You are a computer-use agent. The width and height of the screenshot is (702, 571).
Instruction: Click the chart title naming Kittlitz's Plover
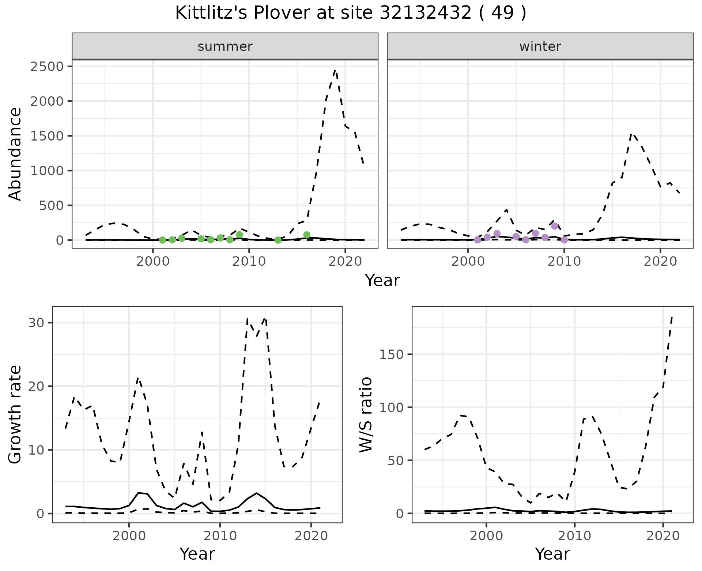click(x=351, y=13)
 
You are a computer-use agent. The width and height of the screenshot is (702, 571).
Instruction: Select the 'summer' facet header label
click(x=225, y=46)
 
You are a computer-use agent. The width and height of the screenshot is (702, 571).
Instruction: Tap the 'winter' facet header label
click(x=540, y=46)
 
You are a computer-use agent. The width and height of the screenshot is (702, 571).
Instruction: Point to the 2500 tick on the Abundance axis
click(x=47, y=67)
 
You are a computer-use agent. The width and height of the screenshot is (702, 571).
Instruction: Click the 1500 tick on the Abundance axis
click(x=47, y=136)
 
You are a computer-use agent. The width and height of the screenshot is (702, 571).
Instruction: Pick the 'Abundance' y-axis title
click(x=15, y=154)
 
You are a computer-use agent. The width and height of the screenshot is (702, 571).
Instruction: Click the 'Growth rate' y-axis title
click(x=15, y=414)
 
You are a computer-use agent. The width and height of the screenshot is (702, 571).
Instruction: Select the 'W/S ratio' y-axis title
click(x=366, y=414)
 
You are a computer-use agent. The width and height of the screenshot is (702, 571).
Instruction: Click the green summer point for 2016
click(x=307, y=235)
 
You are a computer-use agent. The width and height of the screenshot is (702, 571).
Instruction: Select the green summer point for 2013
click(x=278, y=240)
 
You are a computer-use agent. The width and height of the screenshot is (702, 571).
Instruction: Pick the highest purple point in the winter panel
click(x=555, y=226)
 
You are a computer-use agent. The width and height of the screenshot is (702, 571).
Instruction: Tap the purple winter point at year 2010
click(x=564, y=240)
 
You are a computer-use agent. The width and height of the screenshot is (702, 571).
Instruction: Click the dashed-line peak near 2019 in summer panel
click(x=335, y=70)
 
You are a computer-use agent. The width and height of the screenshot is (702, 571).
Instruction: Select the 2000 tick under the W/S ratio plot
click(x=486, y=536)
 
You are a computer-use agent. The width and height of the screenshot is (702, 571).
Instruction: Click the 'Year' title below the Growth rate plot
click(x=197, y=554)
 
